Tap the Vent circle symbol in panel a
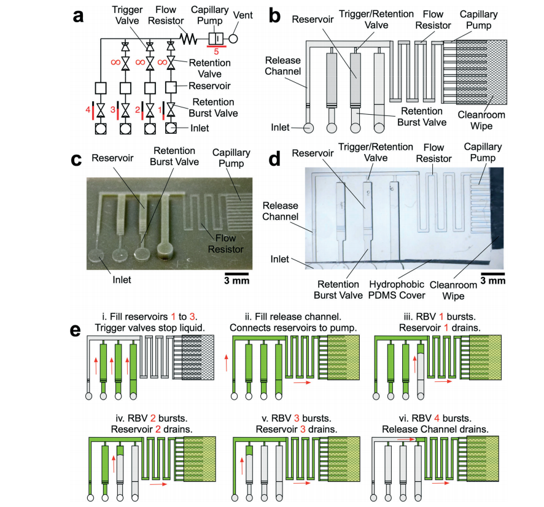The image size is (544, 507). click(233, 38)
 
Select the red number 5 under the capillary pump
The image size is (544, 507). click(217, 52)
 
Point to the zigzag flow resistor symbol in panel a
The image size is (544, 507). click(188, 38)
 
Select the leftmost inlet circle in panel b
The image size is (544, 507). click(308, 128)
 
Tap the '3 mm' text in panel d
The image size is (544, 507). click(492, 281)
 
